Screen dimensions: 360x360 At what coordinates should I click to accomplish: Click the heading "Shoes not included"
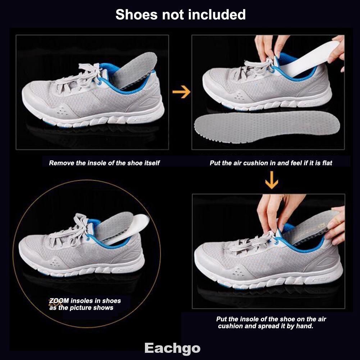coord(180,15)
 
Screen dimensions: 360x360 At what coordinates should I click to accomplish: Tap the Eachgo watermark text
coord(172,348)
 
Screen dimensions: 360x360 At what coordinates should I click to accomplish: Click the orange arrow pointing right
coord(181,92)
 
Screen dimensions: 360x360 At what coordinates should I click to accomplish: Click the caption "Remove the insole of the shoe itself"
coord(104,163)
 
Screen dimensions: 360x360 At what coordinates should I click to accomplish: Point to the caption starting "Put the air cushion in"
coord(271,163)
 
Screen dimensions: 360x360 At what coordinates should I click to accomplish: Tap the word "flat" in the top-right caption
coord(327,163)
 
